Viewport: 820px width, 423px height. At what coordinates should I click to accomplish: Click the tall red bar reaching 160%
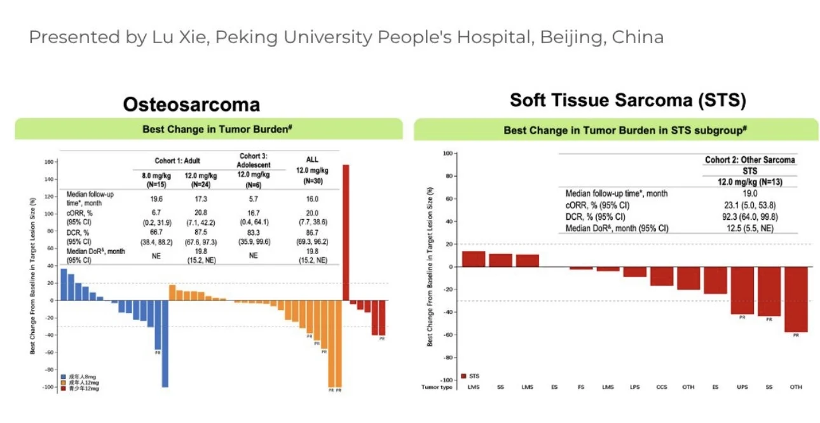pos(346,232)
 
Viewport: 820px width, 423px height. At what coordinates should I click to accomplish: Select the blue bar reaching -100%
pos(165,343)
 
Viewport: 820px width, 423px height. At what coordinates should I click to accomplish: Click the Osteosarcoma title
pos(191,104)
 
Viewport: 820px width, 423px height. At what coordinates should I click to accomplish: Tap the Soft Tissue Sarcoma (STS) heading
pos(627,100)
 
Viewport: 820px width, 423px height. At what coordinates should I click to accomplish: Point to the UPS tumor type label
pos(741,386)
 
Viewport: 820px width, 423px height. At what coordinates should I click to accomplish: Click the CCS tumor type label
pos(661,386)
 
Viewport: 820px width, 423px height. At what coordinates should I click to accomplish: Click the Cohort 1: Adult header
pos(178,160)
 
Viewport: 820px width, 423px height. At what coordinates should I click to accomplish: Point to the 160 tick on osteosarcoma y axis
pos(48,161)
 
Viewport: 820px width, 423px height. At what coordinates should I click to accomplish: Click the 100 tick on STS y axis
pos(446,154)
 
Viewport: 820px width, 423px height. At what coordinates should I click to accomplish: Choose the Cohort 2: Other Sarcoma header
pos(750,160)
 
